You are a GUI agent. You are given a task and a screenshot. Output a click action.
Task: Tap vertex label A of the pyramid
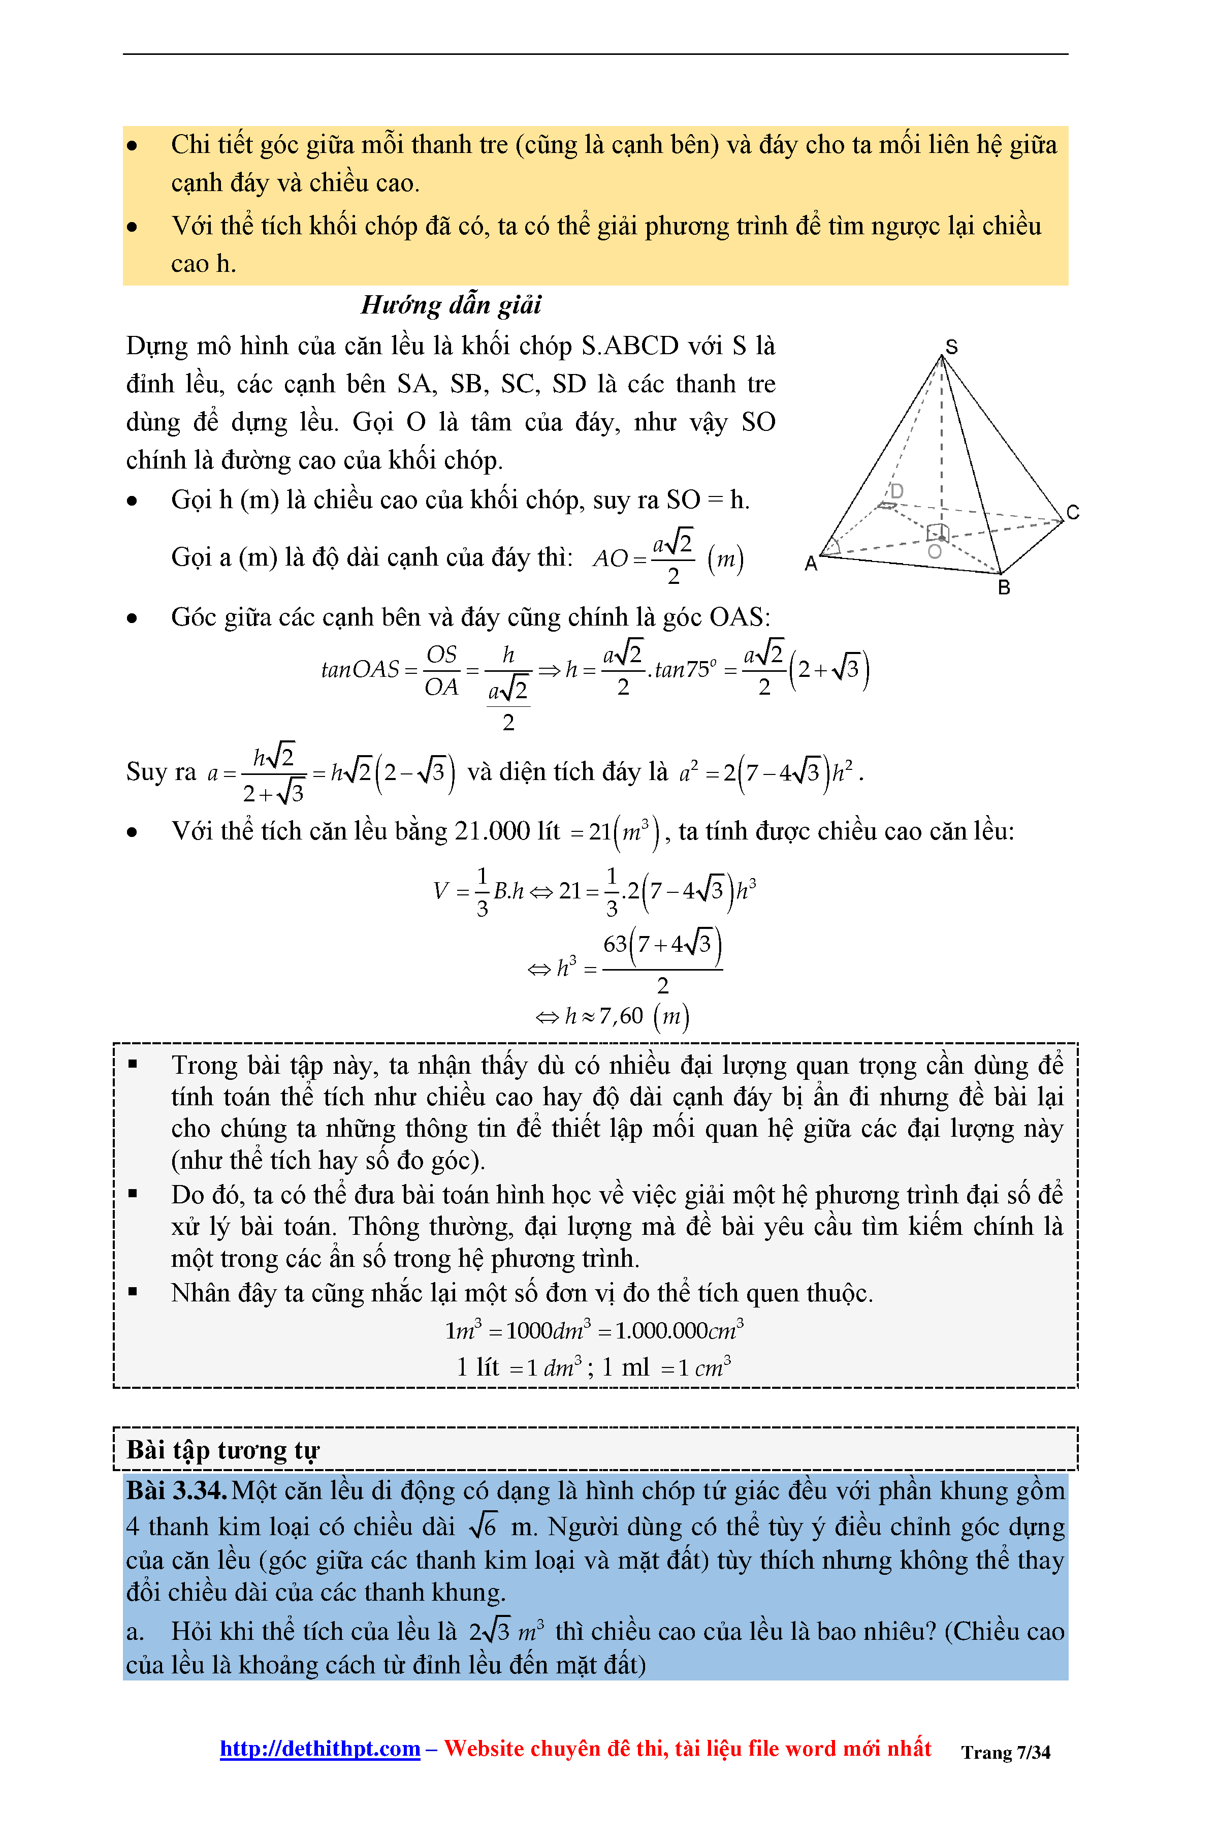[811, 564]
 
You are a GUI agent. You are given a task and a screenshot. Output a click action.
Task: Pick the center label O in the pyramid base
[935, 552]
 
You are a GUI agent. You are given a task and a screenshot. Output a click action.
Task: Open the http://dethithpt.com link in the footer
[320, 1749]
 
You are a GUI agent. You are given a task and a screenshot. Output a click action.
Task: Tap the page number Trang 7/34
[1005, 1752]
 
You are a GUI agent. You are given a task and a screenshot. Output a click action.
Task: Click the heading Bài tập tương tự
[223, 1450]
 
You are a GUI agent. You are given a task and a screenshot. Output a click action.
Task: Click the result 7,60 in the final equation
[621, 1016]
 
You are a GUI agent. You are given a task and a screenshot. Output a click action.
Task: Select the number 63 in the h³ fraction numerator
[615, 944]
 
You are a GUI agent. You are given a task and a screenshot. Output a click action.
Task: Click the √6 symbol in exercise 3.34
[483, 1527]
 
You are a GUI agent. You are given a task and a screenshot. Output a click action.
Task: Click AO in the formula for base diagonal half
[610, 558]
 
